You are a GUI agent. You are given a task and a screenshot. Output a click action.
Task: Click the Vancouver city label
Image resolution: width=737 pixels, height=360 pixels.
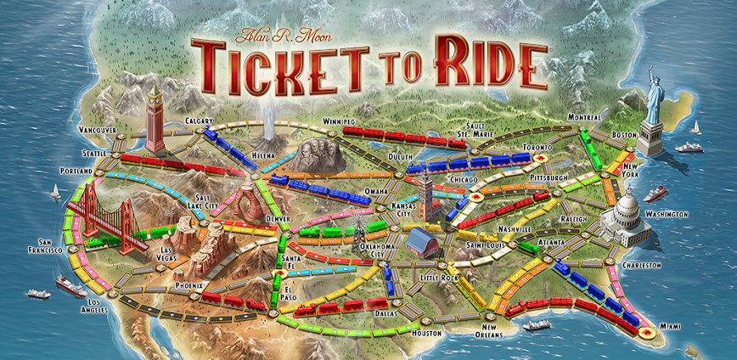pos(96,129)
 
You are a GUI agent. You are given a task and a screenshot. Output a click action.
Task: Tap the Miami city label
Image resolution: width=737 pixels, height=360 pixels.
pos(671,326)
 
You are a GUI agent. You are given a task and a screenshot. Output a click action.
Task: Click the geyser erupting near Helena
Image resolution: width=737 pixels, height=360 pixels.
pos(271,126)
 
